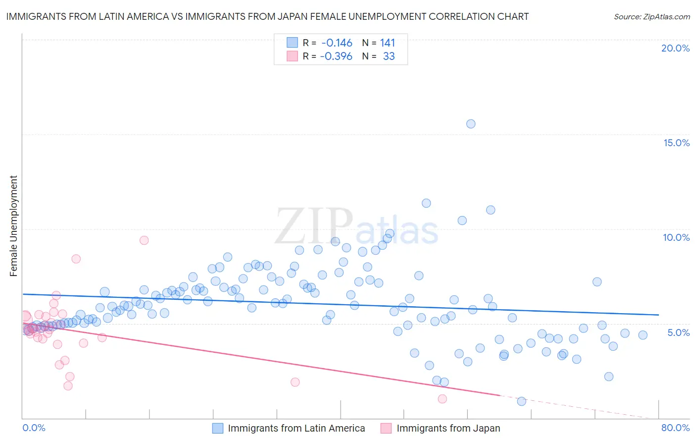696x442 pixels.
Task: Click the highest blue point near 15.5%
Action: click(x=471, y=124)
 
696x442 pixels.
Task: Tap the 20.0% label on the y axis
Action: click(x=675, y=48)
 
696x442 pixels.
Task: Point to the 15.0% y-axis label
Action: click(x=676, y=143)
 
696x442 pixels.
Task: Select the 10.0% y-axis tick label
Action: click(x=676, y=237)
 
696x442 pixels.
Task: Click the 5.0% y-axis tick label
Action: click(x=678, y=332)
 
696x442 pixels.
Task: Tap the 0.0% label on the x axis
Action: click(x=34, y=428)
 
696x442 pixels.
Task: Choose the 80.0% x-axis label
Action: click(x=675, y=428)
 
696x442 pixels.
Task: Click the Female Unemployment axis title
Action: click(x=13, y=226)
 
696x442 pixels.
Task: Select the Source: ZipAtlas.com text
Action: click(x=651, y=17)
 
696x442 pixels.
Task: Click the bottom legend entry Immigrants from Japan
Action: click(x=448, y=428)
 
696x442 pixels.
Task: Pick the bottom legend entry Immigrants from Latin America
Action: click(x=296, y=428)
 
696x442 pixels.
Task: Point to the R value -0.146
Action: click(x=337, y=43)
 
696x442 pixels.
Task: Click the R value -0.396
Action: click(x=336, y=56)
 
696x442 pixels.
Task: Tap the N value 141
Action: click(x=388, y=43)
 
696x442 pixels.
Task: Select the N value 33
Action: click(x=389, y=56)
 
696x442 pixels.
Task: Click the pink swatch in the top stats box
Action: click(x=292, y=56)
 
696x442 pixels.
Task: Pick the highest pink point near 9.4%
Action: click(x=144, y=240)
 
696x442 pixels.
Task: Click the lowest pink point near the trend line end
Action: click(x=443, y=399)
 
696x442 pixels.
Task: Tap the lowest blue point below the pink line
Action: click(x=521, y=401)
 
